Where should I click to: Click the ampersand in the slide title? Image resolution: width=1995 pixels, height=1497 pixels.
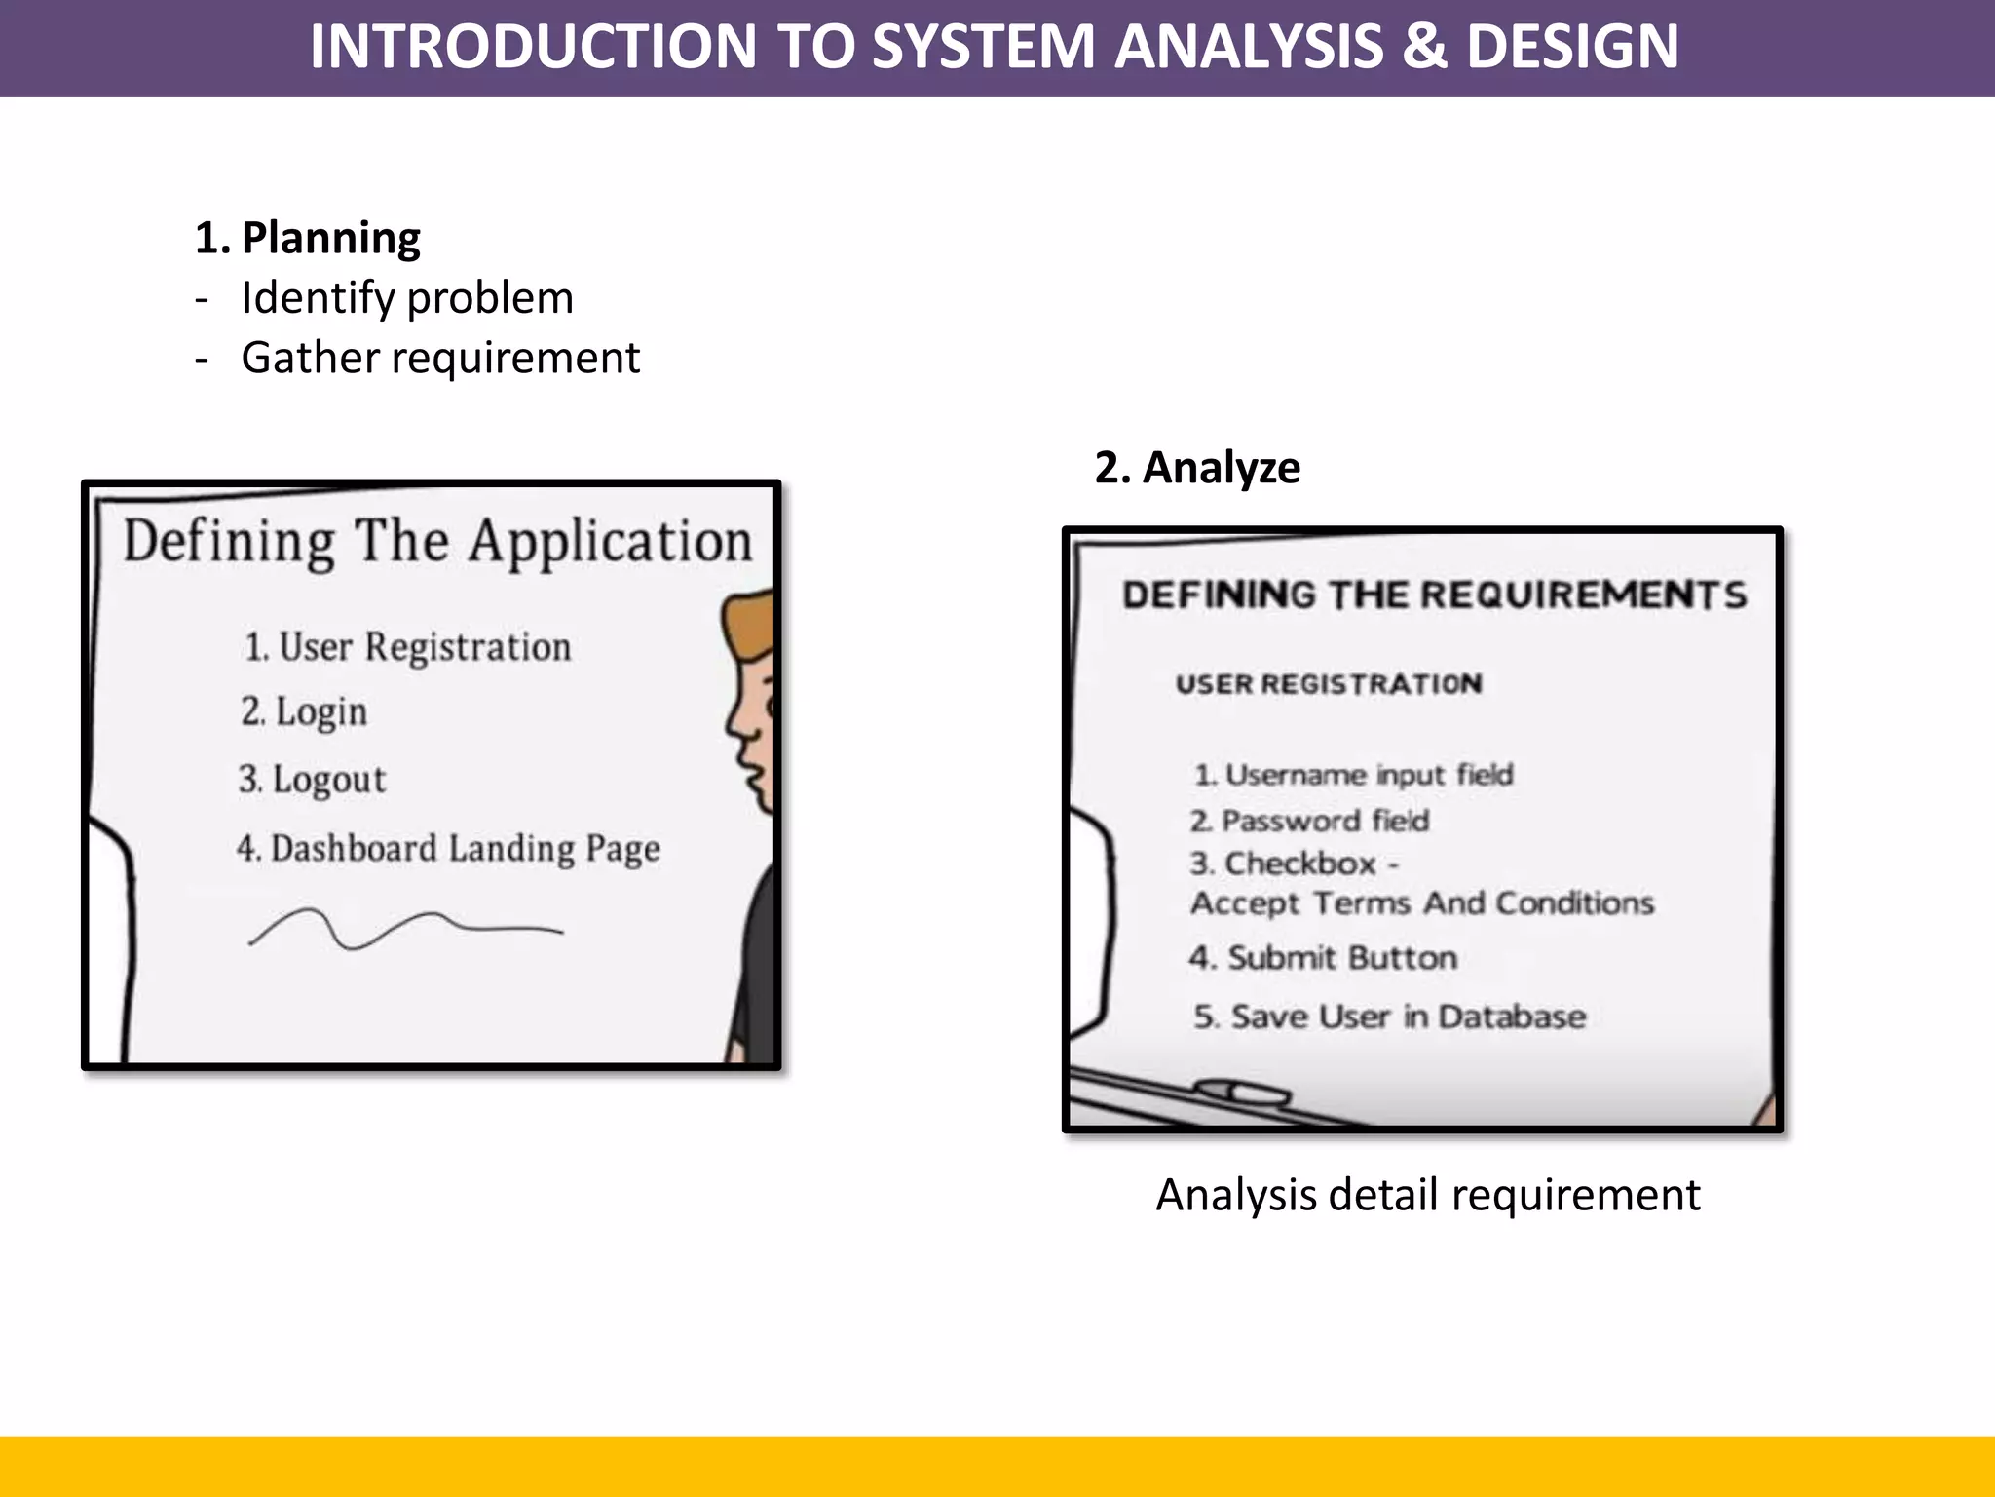click(x=1423, y=47)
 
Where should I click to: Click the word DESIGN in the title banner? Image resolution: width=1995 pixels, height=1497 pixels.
click(x=1572, y=47)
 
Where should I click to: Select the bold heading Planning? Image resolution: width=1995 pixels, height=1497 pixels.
click(x=330, y=238)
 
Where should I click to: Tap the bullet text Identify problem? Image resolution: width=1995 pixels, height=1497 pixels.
click(x=407, y=298)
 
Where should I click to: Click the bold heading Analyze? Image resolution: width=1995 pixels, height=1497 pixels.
click(x=1221, y=468)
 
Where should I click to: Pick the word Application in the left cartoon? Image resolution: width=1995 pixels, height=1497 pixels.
click(x=611, y=542)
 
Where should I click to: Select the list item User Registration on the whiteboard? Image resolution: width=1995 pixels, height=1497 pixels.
click(x=408, y=647)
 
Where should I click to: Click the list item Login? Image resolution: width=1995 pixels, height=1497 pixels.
click(x=305, y=712)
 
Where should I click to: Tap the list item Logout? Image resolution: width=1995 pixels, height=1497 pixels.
click(x=313, y=780)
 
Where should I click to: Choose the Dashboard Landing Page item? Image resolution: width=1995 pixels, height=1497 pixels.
click(x=448, y=849)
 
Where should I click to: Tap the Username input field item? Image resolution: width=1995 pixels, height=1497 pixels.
click(x=1354, y=775)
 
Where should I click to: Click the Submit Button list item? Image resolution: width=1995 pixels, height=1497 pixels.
click(x=1323, y=958)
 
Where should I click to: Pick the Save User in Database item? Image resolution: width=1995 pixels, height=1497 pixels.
click(x=1390, y=1017)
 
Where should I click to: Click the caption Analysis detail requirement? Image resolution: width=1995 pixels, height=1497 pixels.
click(x=1427, y=1195)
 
